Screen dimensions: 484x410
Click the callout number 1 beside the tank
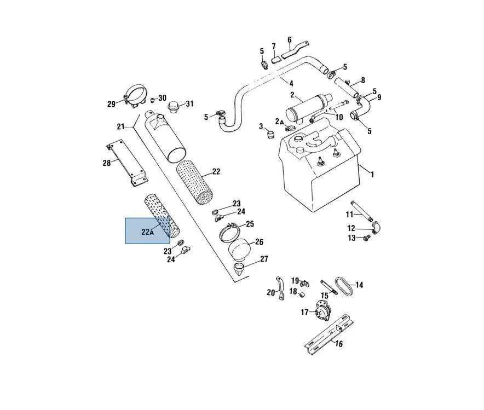pos(372,174)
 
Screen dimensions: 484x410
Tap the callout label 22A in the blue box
pos(147,232)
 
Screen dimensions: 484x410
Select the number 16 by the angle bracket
pos(339,343)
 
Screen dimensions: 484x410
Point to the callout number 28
pos(107,163)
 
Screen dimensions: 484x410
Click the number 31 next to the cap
pos(189,103)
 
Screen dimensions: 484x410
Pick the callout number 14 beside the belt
pos(359,285)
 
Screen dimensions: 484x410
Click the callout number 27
pos(264,259)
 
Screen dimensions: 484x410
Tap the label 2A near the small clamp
pos(279,122)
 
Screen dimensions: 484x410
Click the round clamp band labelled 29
pos(136,96)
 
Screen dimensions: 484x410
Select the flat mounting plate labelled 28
pos(127,163)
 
